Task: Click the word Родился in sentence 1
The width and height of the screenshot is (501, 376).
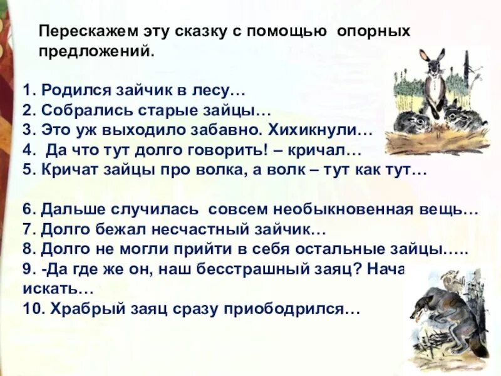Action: [x=68, y=91]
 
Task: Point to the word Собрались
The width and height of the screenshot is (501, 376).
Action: [x=78, y=112]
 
